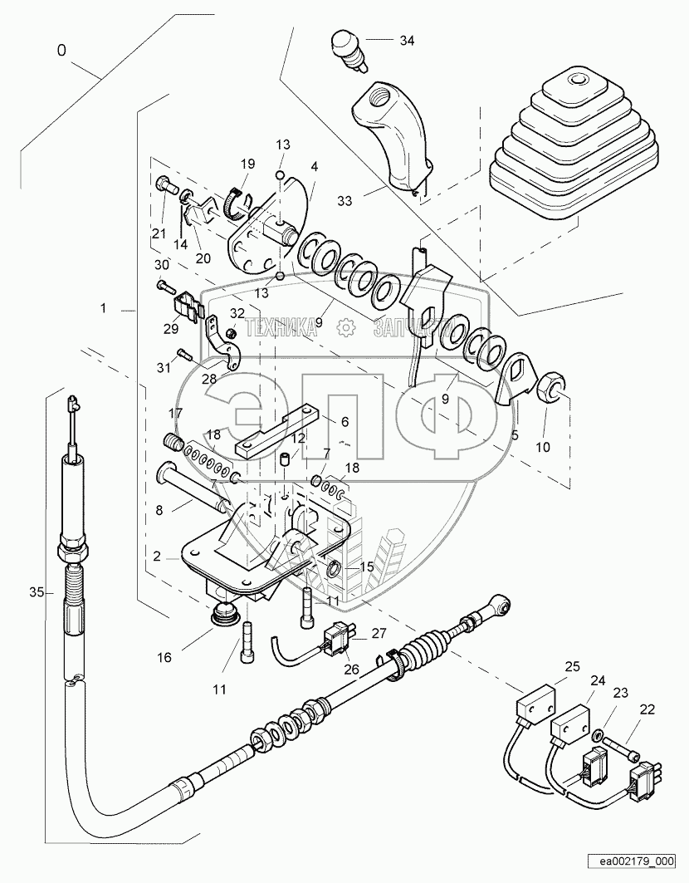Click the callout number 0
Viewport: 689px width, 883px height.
(62, 50)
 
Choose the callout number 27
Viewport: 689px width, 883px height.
(379, 632)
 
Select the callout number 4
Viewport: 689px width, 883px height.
(314, 166)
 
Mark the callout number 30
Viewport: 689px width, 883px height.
(163, 264)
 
